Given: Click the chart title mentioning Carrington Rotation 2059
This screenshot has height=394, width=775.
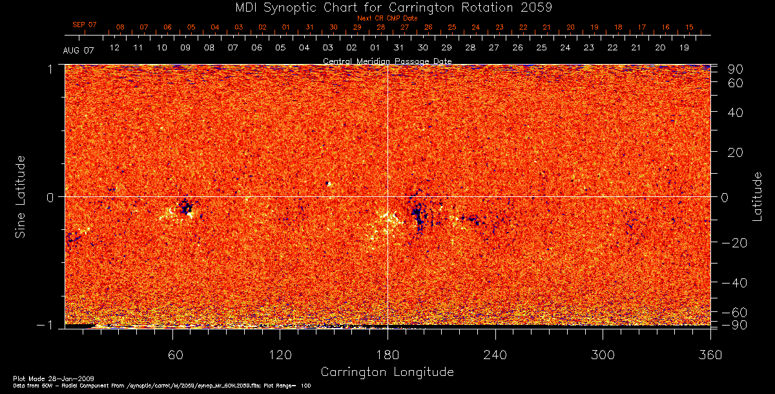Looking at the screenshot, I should (x=387, y=7).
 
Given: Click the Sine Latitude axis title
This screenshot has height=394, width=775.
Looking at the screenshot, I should (x=21, y=196).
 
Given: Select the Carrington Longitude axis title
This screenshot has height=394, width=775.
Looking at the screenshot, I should (x=387, y=372).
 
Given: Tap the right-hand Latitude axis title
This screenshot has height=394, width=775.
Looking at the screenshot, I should (x=757, y=196).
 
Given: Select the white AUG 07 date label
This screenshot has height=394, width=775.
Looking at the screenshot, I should (x=79, y=50).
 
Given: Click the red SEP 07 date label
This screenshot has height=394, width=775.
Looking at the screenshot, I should (x=85, y=25).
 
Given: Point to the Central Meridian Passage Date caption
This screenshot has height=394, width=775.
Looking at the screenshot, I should (x=387, y=61).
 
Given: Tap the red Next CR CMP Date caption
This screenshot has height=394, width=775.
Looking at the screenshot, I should (x=387, y=18).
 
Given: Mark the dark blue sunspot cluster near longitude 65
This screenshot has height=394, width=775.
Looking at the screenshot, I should (x=187, y=207).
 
